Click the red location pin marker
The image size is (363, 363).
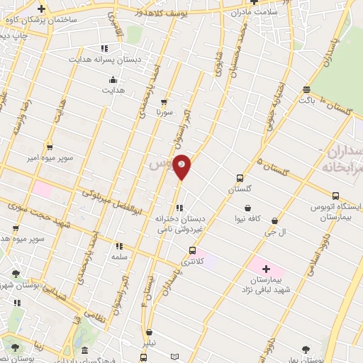(182, 166)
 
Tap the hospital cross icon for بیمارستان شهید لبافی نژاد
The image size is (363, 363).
(266, 269)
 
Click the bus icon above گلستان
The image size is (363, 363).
(240, 179)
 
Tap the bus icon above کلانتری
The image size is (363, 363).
(192, 250)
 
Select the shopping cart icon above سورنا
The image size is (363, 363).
(164, 102)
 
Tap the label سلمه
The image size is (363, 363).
(118, 257)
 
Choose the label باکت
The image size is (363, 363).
(306, 101)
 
